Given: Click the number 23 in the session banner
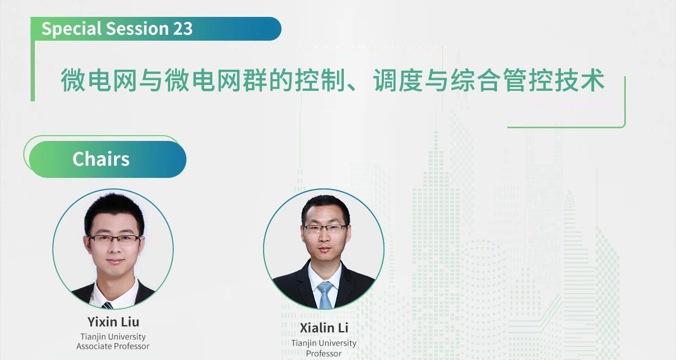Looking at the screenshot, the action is click(183, 29).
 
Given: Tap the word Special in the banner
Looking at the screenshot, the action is click(71, 29).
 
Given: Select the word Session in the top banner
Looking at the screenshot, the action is click(137, 29).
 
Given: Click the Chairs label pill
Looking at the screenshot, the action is click(108, 159).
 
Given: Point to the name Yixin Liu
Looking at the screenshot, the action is click(113, 321).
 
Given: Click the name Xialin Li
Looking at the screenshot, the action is click(324, 328).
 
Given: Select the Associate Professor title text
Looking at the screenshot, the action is click(113, 346).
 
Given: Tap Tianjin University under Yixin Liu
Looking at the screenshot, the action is click(113, 336).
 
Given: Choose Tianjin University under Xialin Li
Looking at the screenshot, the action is click(324, 343).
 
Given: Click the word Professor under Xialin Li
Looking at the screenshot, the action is click(324, 353).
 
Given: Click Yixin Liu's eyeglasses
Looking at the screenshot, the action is click(115, 239).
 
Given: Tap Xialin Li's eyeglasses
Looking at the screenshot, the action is click(325, 228).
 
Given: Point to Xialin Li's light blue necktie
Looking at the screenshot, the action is click(325, 295).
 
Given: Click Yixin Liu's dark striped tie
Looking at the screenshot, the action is click(107, 305).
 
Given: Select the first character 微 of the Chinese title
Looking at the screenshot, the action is click(73, 80).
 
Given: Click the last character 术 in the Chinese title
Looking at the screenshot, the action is click(593, 80).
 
